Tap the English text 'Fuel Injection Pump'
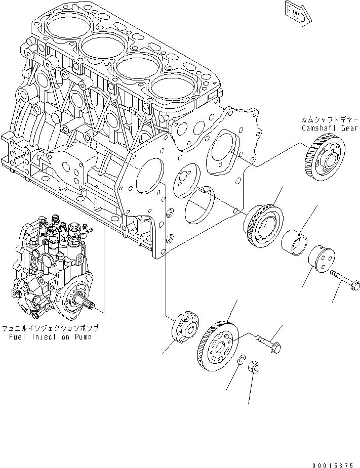pos(49,336)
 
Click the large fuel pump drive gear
pos(217,344)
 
